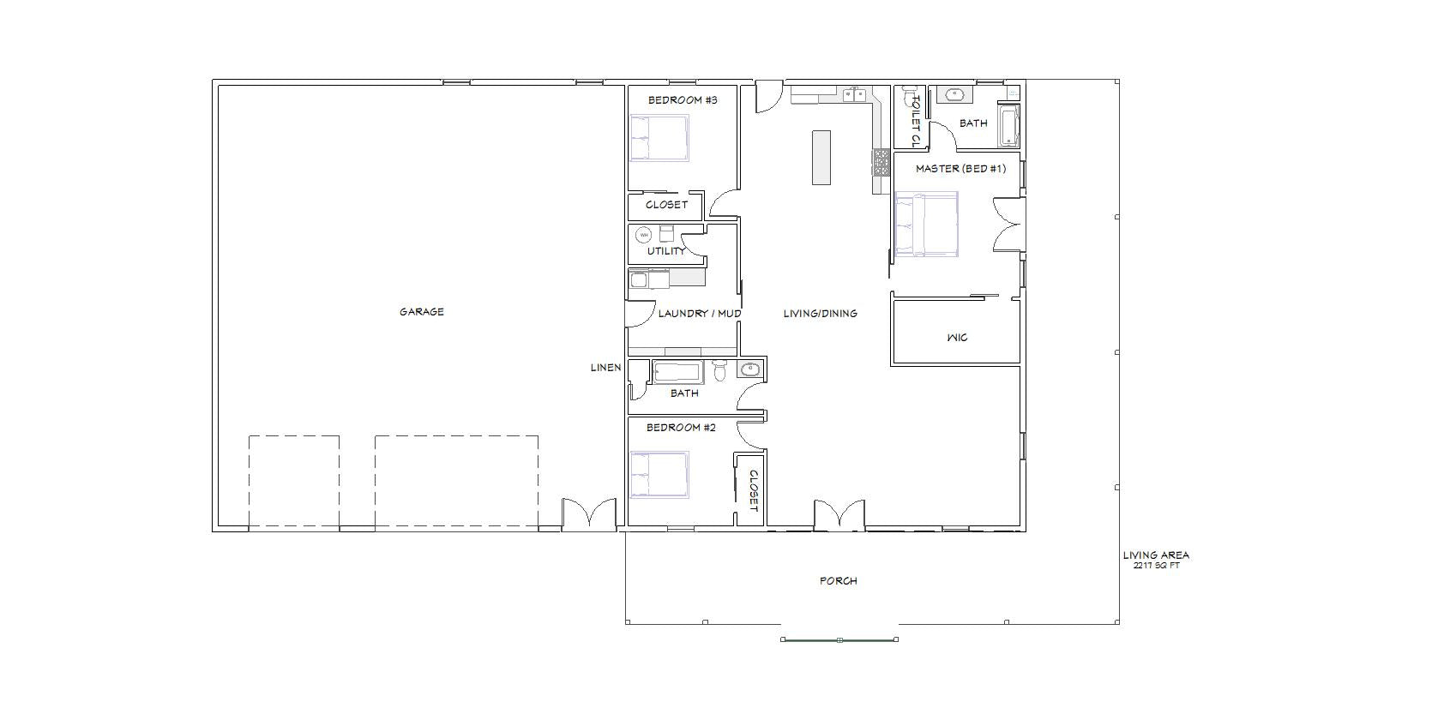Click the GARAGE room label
coord(421,312)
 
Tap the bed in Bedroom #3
coord(659,138)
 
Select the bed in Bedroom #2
coord(659,474)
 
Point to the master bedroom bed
coord(926,224)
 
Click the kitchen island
coord(821,157)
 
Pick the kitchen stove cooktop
coord(881,162)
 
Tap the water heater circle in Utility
coord(643,235)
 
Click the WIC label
coord(957,337)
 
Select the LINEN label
coord(606,368)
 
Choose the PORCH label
coord(839,581)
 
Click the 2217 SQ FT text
coord(1156,566)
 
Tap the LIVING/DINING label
coord(820,313)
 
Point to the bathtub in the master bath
coord(1008,126)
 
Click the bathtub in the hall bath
coord(677,372)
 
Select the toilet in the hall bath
coord(719,370)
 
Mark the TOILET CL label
coord(915,121)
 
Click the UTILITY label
coord(666,251)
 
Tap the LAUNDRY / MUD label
coord(699,313)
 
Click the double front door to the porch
coord(839,514)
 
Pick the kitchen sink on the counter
coord(854,95)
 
